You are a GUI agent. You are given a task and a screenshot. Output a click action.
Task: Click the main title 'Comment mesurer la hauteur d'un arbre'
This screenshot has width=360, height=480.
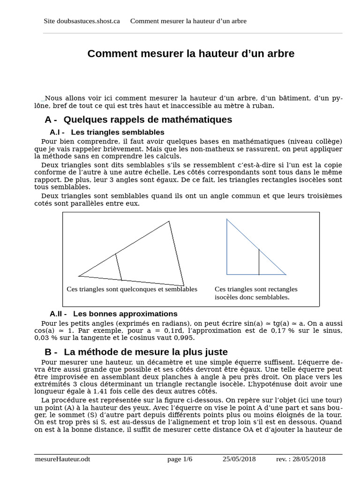click(x=191, y=54)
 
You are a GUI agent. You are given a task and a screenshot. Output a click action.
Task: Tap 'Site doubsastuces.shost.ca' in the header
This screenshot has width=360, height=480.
click(x=82, y=21)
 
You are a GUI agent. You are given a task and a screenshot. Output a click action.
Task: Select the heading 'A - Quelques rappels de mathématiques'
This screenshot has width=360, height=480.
click(x=138, y=120)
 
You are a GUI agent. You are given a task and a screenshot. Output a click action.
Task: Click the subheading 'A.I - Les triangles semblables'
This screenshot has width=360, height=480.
click(x=107, y=132)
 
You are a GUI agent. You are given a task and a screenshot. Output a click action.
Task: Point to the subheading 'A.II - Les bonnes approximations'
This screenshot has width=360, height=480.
click(x=113, y=314)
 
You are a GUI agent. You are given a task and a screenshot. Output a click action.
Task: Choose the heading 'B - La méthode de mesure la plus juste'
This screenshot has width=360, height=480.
click(x=136, y=352)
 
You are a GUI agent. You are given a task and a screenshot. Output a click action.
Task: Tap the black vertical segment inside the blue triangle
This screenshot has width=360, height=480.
click(x=259, y=262)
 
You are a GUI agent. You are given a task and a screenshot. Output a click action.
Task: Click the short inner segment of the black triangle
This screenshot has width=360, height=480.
click(x=119, y=267)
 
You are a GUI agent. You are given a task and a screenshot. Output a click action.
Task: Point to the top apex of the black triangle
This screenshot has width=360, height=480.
click(x=169, y=222)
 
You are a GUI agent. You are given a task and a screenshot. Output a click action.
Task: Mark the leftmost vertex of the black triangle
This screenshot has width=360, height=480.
click(x=79, y=276)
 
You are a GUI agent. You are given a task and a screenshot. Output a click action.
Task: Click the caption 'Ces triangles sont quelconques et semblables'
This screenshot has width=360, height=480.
click(x=132, y=289)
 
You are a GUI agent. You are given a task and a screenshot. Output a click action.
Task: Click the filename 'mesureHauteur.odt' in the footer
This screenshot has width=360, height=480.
click(x=62, y=459)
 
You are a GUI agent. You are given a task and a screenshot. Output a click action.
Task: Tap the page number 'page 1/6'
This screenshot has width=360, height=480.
click(x=180, y=459)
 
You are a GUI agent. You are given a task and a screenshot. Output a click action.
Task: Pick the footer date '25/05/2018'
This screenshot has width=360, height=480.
click(x=239, y=459)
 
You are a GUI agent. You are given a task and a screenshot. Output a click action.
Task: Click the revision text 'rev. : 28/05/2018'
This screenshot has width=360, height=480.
click(x=301, y=459)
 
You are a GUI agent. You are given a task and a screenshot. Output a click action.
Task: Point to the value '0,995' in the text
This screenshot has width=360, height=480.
click(x=185, y=338)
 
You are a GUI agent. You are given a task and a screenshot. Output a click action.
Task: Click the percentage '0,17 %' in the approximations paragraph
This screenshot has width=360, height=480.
click(x=282, y=331)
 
